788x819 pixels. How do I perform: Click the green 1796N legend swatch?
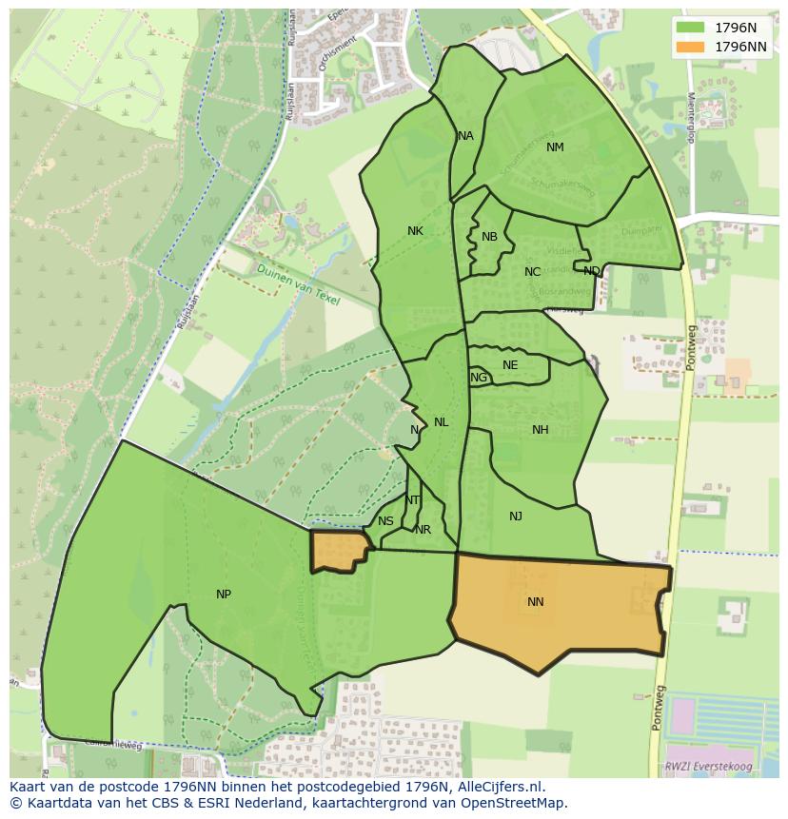pyautogui.click(x=692, y=28)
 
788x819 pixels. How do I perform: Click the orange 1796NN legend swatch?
pyautogui.click(x=692, y=47)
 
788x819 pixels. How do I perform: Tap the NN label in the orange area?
pyautogui.click(x=536, y=602)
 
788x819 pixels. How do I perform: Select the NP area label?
pyautogui.click(x=224, y=595)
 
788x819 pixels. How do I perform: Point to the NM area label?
pyautogui.click(x=555, y=147)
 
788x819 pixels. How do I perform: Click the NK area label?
pyautogui.click(x=415, y=231)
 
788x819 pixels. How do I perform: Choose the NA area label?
pyautogui.click(x=465, y=136)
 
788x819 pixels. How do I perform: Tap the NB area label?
pyautogui.click(x=489, y=237)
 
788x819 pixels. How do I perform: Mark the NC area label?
pyautogui.click(x=532, y=272)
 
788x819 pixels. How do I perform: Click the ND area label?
pyautogui.click(x=592, y=271)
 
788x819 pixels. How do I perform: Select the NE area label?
pyautogui.click(x=510, y=365)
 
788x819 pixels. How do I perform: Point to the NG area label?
pyautogui.click(x=479, y=378)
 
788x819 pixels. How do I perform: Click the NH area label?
pyautogui.click(x=541, y=430)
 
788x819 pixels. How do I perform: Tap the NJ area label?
pyautogui.click(x=516, y=517)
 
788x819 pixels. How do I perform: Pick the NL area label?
pyautogui.click(x=441, y=422)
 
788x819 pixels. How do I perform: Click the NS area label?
pyautogui.click(x=385, y=521)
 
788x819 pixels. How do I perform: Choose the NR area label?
pyautogui.click(x=424, y=530)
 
